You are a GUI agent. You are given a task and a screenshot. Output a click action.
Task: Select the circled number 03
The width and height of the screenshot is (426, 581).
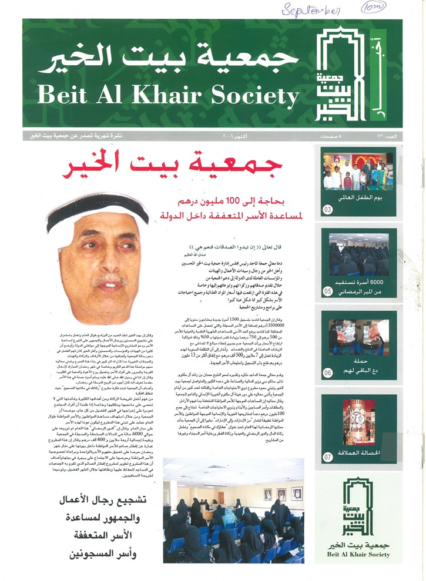coord(328,209)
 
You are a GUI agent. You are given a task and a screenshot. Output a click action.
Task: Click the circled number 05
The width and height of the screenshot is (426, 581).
coord(328,290)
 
